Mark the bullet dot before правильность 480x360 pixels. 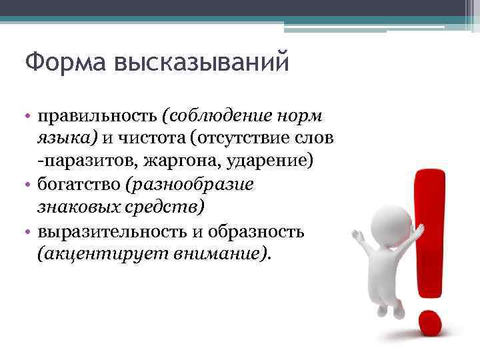click(29, 116)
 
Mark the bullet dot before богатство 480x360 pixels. click(29, 185)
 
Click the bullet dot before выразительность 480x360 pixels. click(29, 232)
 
